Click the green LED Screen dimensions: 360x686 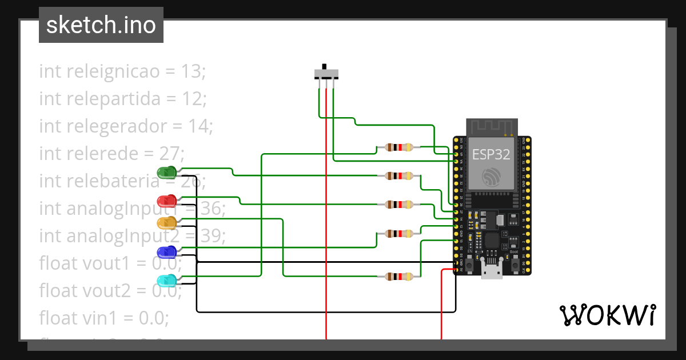tap(166, 172)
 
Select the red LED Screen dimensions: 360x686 tap(167, 201)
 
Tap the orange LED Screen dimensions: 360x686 tap(167, 222)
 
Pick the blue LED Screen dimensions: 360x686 tap(167, 252)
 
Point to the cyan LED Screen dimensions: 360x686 tap(167, 280)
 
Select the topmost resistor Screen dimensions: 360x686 tap(399, 147)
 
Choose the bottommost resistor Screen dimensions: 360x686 tap(399, 277)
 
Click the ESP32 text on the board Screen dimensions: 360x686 tap(491, 155)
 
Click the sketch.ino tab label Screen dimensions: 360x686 tap(101, 25)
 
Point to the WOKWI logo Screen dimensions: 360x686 tap(607, 315)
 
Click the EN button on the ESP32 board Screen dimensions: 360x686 tap(470, 264)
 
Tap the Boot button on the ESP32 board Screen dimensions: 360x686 tap(514, 264)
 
